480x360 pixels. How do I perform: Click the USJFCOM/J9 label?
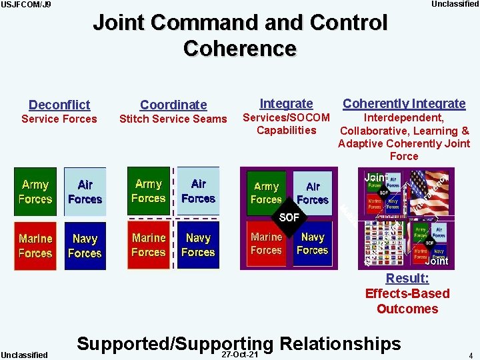[x=25, y=5]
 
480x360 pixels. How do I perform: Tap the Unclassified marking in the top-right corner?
[x=455, y=4]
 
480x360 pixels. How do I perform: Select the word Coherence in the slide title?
[x=239, y=49]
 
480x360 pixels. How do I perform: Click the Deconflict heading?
[x=59, y=105]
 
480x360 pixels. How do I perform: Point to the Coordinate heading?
[x=173, y=105]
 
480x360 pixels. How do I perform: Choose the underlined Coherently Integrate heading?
[x=404, y=103]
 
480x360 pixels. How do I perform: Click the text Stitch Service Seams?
[x=173, y=119]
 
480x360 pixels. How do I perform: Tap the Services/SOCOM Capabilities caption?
[x=286, y=124]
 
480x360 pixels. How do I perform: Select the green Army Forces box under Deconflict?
[x=35, y=192]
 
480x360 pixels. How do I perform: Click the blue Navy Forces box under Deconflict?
[x=85, y=245]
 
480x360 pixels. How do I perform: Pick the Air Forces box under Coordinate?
[x=198, y=191]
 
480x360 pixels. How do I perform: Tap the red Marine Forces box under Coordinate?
[x=149, y=245]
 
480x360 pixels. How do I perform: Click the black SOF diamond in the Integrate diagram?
[x=289, y=217]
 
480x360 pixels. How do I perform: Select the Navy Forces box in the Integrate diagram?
[x=313, y=243]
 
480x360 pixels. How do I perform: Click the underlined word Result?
[x=407, y=279]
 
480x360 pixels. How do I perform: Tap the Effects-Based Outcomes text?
[x=407, y=301]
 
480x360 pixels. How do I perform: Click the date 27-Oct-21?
[x=241, y=354]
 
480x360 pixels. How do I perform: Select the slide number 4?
[x=470, y=355]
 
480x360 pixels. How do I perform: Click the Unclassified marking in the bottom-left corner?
[x=24, y=355]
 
